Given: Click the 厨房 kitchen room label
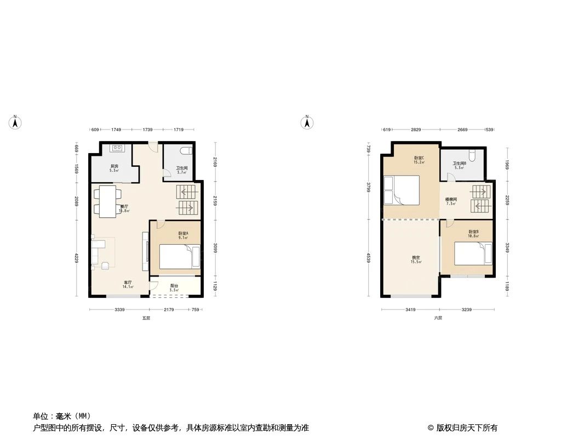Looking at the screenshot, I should [x=114, y=166].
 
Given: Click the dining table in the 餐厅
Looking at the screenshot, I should [x=107, y=201].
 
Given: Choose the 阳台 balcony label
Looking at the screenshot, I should [x=174, y=286].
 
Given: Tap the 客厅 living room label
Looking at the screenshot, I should [x=128, y=283].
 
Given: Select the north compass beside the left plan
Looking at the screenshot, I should [x=16, y=122].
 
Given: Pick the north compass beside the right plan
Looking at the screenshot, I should [x=307, y=122].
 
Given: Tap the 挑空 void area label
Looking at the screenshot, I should [x=416, y=258].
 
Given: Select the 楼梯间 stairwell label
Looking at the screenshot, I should [x=451, y=200].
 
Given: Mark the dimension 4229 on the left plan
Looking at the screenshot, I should [x=77, y=257].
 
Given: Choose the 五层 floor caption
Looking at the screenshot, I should [x=146, y=318].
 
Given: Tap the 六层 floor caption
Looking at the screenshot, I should [x=438, y=318].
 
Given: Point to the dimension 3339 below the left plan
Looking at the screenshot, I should [x=119, y=310].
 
